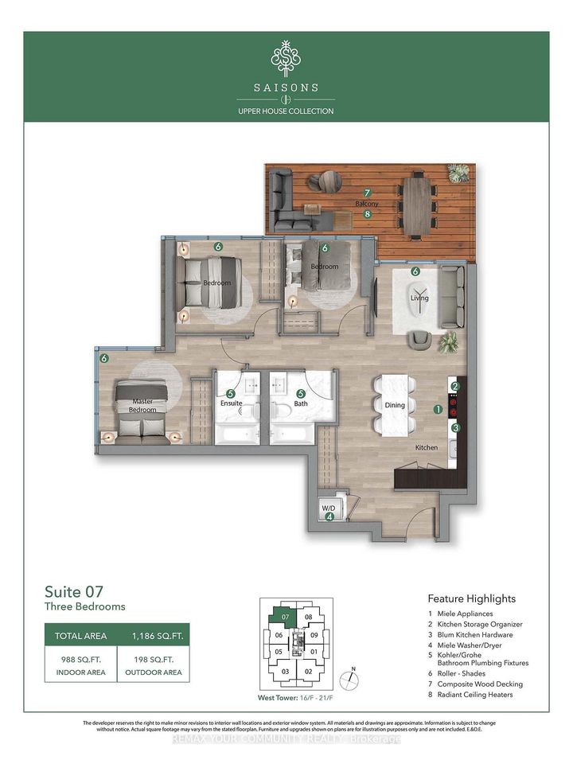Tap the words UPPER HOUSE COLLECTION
(286, 111)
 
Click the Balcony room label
(366, 204)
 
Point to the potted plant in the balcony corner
(458, 173)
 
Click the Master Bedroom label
(144, 404)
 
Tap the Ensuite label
(231, 404)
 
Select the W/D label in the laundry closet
(327, 507)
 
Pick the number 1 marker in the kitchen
(437, 410)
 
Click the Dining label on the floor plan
(395, 405)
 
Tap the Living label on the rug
(419, 298)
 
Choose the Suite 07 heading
(72, 591)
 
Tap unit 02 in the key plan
(309, 672)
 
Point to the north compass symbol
(349, 680)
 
